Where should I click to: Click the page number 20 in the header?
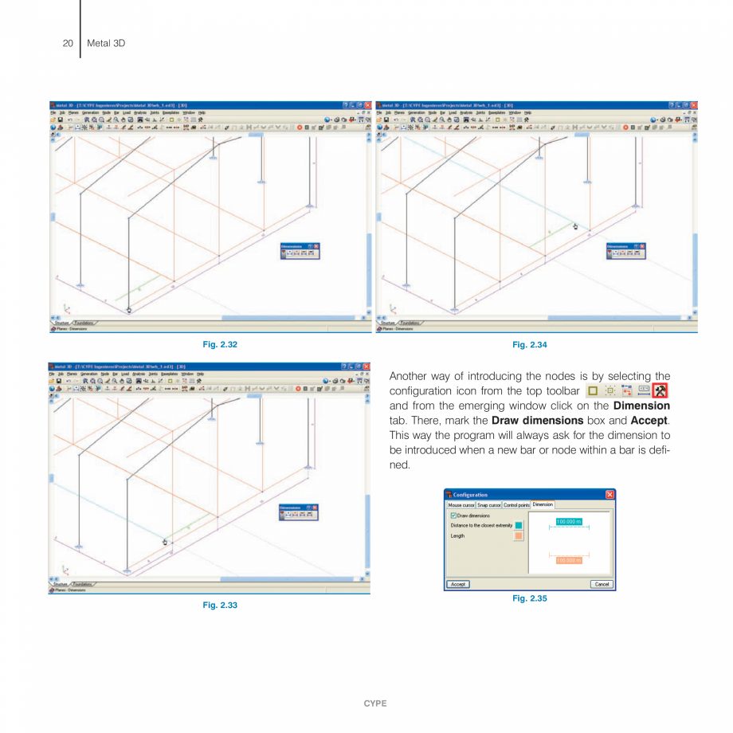click(x=68, y=42)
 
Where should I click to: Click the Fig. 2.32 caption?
click(x=221, y=344)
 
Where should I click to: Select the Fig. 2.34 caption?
click(x=531, y=344)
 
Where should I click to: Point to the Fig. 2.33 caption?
click(x=221, y=606)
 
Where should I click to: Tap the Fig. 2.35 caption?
click(x=530, y=598)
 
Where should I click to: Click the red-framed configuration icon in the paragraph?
click(x=660, y=390)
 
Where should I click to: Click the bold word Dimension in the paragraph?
click(x=641, y=406)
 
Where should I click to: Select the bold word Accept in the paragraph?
click(x=648, y=420)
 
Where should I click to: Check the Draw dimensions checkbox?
click(x=453, y=515)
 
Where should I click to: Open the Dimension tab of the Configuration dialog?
click(x=543, y=504)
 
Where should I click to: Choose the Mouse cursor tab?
click(x=461, y=505)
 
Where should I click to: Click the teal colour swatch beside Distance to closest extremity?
click(x=519, y=525)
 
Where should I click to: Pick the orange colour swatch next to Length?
click(x=519, y=536)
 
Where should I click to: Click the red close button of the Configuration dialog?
click(x=610, y=495)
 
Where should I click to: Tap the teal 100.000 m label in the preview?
click(x=569, y=522)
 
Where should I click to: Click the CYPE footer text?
click(x=374, y=704)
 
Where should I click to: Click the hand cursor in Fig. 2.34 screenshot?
click(x=575, y=226)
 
